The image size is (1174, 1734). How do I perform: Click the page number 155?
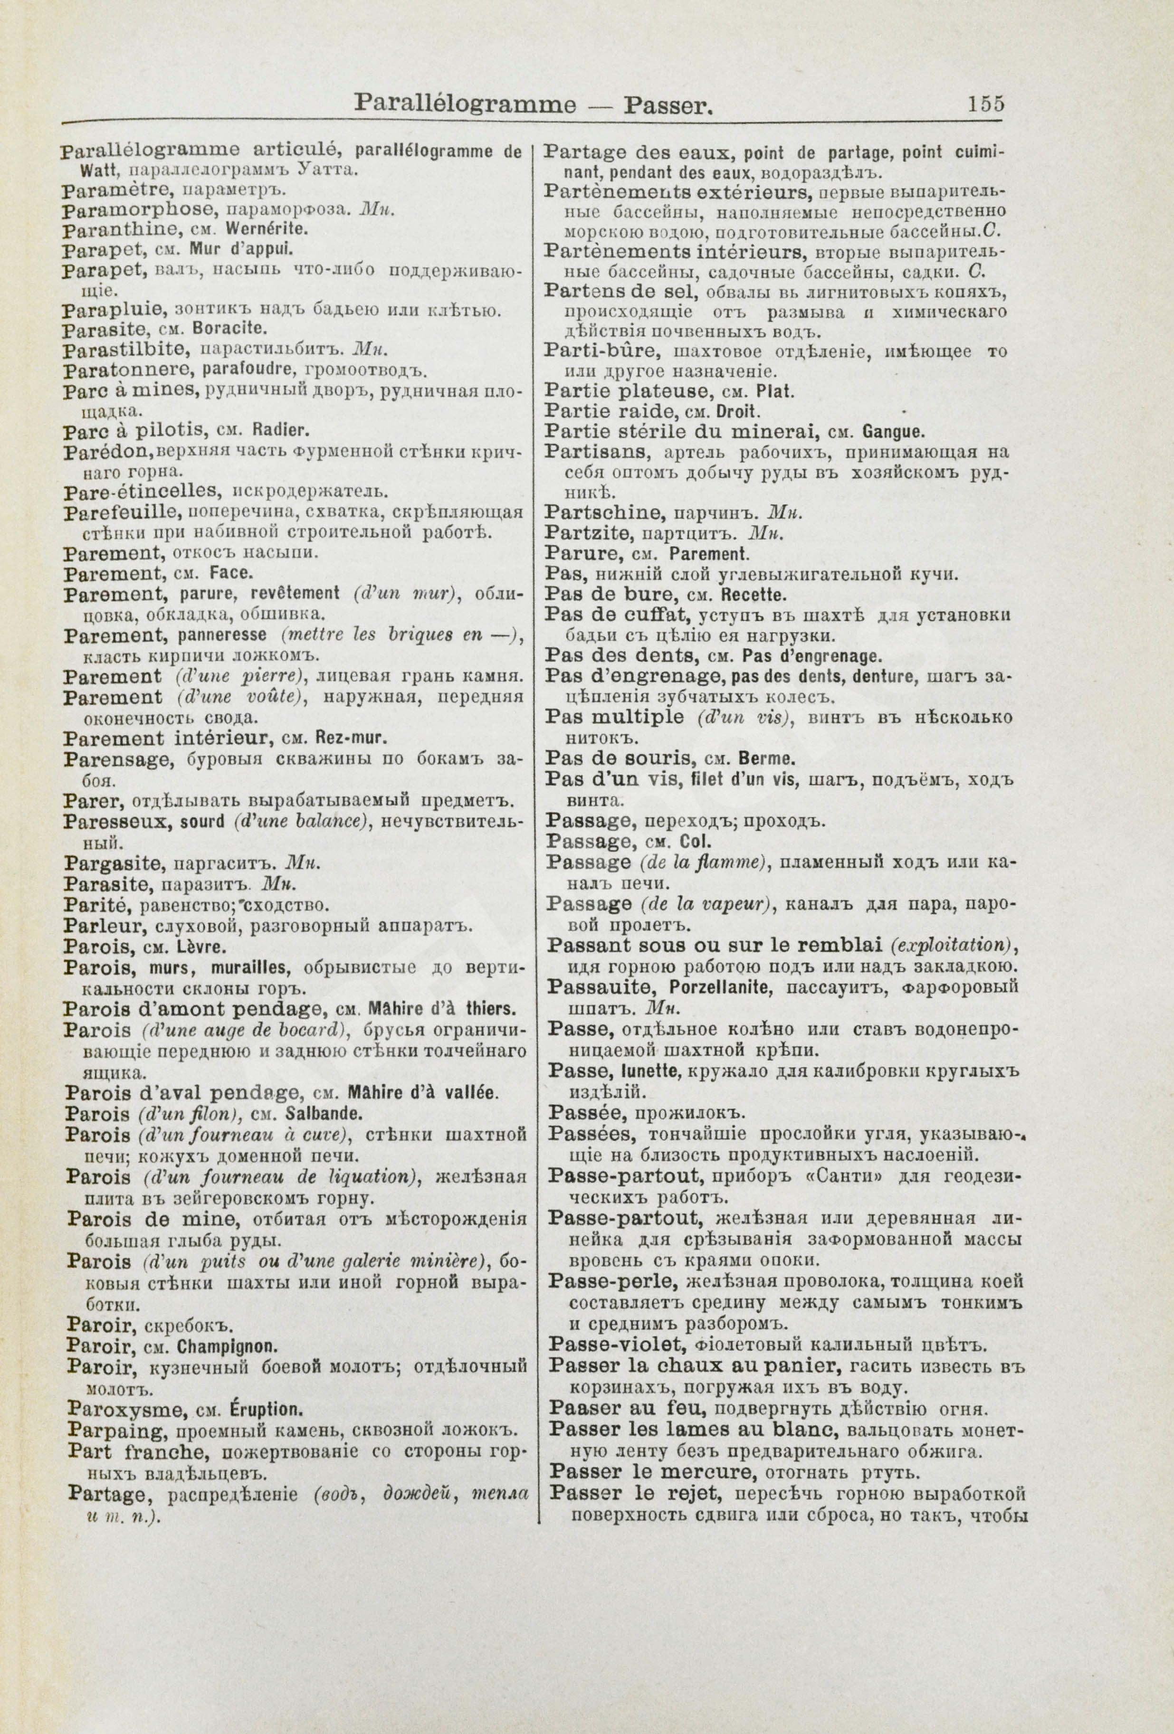coord(986,104)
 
